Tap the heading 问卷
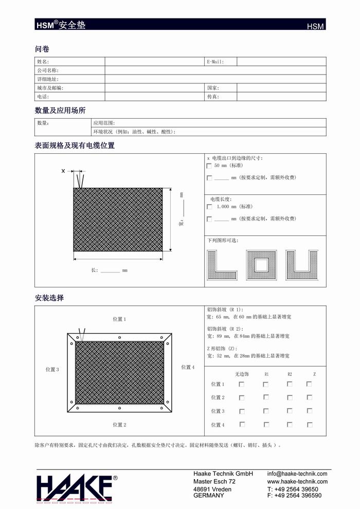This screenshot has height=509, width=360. coord(42,49)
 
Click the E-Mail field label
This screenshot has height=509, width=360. coord(215,62)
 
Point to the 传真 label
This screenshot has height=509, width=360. coord(213,97)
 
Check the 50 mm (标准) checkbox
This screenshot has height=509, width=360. coord(209,166)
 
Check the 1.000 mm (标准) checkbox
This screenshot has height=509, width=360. coord(209,207)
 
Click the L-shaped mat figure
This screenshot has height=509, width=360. coord(222,265)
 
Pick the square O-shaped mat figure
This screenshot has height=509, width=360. coord(261,265)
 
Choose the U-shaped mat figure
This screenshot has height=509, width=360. coord(302,265)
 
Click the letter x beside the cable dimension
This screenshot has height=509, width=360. coord(63,171)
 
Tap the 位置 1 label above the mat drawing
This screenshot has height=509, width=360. coord(119,319)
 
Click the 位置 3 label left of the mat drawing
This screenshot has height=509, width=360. coord(52,370)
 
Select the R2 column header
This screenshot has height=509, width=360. coord(290,374)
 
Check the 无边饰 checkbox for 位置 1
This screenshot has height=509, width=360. coord(242,384)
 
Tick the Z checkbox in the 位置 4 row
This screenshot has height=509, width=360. coord(309,424)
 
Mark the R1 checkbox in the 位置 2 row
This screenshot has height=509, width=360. coord(266,397)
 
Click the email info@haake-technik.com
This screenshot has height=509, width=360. coord(297,474)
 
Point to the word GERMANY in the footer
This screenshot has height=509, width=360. coord(208,496)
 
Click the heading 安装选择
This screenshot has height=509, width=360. coord(49,298)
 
